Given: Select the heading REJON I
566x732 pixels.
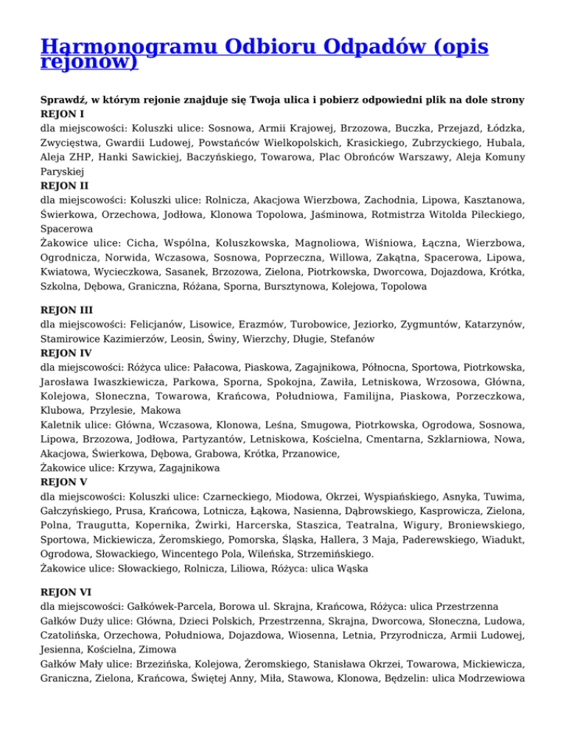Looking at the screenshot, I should (x=63, y=114).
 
